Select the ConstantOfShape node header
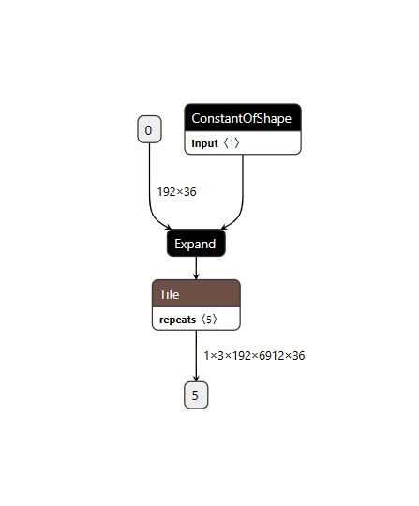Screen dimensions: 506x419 [x=242, y=118]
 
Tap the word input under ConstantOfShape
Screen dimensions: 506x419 [x=204, y=143]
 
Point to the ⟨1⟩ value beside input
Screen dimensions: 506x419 [x=231, y=143]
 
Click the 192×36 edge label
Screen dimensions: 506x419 [x=176, y=191]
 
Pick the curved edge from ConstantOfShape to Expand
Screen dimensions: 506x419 [x=243, y=187]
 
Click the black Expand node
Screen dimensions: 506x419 [x=196, y=244]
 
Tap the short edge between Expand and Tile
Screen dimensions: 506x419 [x=196, y=266]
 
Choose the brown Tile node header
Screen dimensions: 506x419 [x=196, y=294]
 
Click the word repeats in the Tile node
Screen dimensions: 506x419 [x=178, y=320]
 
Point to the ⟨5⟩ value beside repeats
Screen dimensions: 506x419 [x=208, y=320]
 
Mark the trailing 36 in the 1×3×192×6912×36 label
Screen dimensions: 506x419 [x=297, y=356]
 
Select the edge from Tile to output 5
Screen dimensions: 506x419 [x=196, y=351]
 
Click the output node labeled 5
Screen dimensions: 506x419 [x=196, y=395]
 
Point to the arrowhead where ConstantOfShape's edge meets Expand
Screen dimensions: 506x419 [x=224, y=228]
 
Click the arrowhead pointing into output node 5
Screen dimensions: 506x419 [x=196, y=379]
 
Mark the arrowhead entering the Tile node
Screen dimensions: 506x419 [x=196, y=275]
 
